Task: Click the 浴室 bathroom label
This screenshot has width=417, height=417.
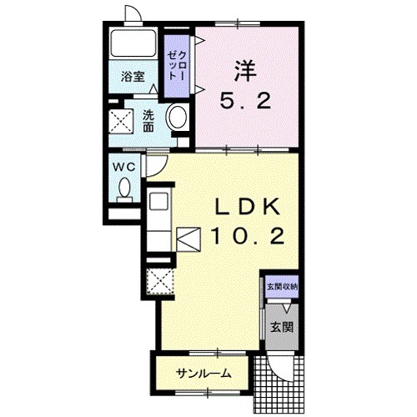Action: click(x=133, y=77)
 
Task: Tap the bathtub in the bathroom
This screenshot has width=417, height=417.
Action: click(x=133, y=43)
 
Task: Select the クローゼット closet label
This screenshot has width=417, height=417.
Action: click(x=177, y=66)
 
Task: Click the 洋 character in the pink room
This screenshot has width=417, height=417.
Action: click(x=245, y=71)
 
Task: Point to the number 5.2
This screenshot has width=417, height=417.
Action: click(x=245, y=101)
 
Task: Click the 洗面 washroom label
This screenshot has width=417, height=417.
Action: click(x=148, y=121)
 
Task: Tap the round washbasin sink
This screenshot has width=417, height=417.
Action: click(x=177, y=117)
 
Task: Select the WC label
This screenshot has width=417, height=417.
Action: click(x=123, y=167)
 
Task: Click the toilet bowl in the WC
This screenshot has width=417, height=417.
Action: click(x=124, y=189)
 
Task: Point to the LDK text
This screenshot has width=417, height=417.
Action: click(x=248, y=207)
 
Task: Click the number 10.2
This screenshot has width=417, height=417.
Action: click(x=248, y=236)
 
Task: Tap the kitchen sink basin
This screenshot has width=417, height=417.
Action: click(x=158, y=201)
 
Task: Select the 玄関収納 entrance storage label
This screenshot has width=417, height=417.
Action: click(x=282, y=287)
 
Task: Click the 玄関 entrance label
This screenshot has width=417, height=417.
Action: click(x=282, y=327)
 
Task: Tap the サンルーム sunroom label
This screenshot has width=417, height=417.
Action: click(x=204, y=374)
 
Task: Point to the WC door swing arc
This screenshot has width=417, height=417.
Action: click(x=161, y=170)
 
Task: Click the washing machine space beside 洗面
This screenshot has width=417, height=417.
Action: click(x=121, y=122)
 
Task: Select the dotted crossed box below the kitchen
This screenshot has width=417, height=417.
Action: click(x=160, y=281)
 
